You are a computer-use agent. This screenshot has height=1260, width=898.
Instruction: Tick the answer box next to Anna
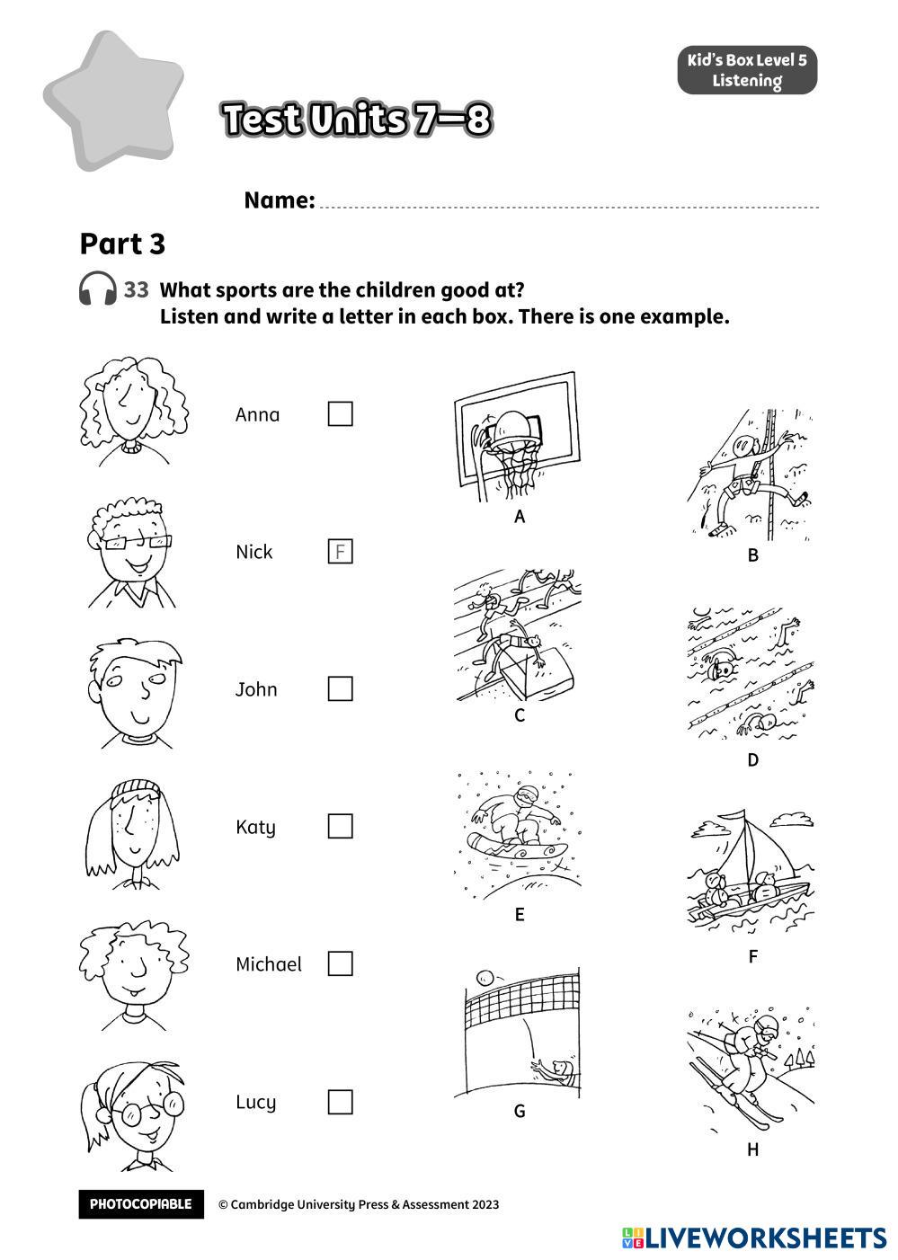(340, 413)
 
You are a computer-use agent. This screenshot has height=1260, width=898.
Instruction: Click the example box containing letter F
(340, 551)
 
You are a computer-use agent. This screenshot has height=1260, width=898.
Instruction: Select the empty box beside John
(340, 688)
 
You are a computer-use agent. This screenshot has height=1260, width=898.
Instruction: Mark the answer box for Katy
(340, 826)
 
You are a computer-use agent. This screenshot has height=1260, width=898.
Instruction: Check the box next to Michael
(340, 963)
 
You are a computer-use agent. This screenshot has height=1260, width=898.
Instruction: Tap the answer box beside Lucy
(340, 1101)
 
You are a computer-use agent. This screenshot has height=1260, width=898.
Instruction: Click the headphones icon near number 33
(97, 289)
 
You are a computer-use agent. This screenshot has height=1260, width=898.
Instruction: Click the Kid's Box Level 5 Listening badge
(747, 71)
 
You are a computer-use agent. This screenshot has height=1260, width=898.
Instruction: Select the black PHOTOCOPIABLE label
(140, 1204)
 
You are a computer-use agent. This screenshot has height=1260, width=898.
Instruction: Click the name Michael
(268, 964)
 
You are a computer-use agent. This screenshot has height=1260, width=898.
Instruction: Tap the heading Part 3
(122, 244)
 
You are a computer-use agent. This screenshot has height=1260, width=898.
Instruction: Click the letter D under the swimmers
(752, 760)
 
